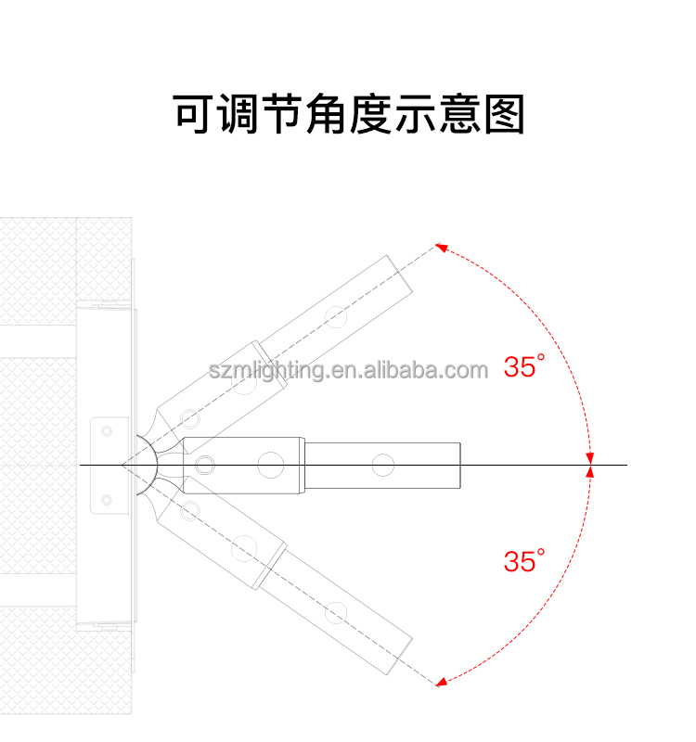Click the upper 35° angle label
[x=524, y=366]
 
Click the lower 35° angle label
[x=524, y=561]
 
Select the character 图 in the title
[x=505, y=114]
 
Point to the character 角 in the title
[x=326, y=113]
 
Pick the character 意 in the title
[x=459, y=113]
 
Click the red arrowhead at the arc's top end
[x=442, y=247]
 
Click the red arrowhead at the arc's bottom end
[x=442, y=682]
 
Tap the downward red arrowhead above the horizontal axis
[x=589, y=458]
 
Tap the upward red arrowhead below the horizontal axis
[x=589, y=471]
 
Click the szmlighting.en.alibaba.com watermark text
[x=349, y=370]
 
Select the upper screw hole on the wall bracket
[x=107, y=431]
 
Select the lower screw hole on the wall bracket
[x=107, y=500]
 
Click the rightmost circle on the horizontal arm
[x=383, y=465]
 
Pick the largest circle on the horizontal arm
[x=271, y=465]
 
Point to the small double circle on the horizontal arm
[x=204, y=465]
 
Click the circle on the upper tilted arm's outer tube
[x=336, y=317]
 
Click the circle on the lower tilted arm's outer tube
[x=336, y=613]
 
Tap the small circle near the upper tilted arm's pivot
[x=190, y=419]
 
